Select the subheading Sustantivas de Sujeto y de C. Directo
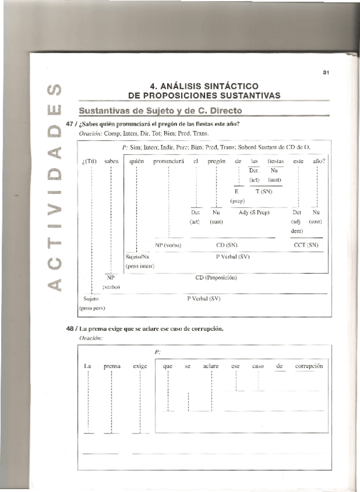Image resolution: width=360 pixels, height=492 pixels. [160, 110]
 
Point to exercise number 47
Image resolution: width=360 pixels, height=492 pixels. [71, 124]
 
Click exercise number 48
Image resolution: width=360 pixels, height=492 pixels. [71, 328]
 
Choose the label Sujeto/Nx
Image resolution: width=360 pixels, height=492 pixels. [138, 255]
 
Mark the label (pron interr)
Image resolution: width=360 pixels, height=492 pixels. [139, 266]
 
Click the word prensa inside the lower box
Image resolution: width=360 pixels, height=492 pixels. [112, 366]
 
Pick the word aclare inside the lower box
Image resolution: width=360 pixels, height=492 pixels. [211, 366]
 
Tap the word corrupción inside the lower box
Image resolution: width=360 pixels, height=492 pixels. [308, 366]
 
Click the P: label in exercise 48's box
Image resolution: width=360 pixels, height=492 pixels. [157, 352]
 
